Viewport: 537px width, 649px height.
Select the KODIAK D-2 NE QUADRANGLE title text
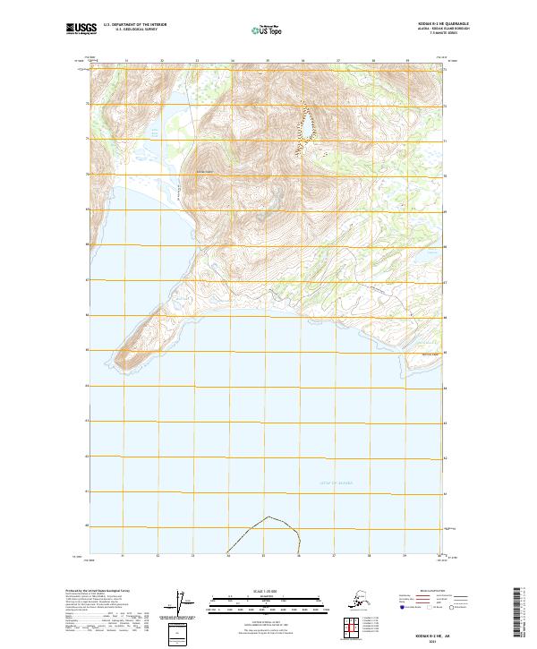tap(423, 24)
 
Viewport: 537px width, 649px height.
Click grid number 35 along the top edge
tap(268, 62)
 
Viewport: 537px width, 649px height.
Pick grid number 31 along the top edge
tap(126, 62)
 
